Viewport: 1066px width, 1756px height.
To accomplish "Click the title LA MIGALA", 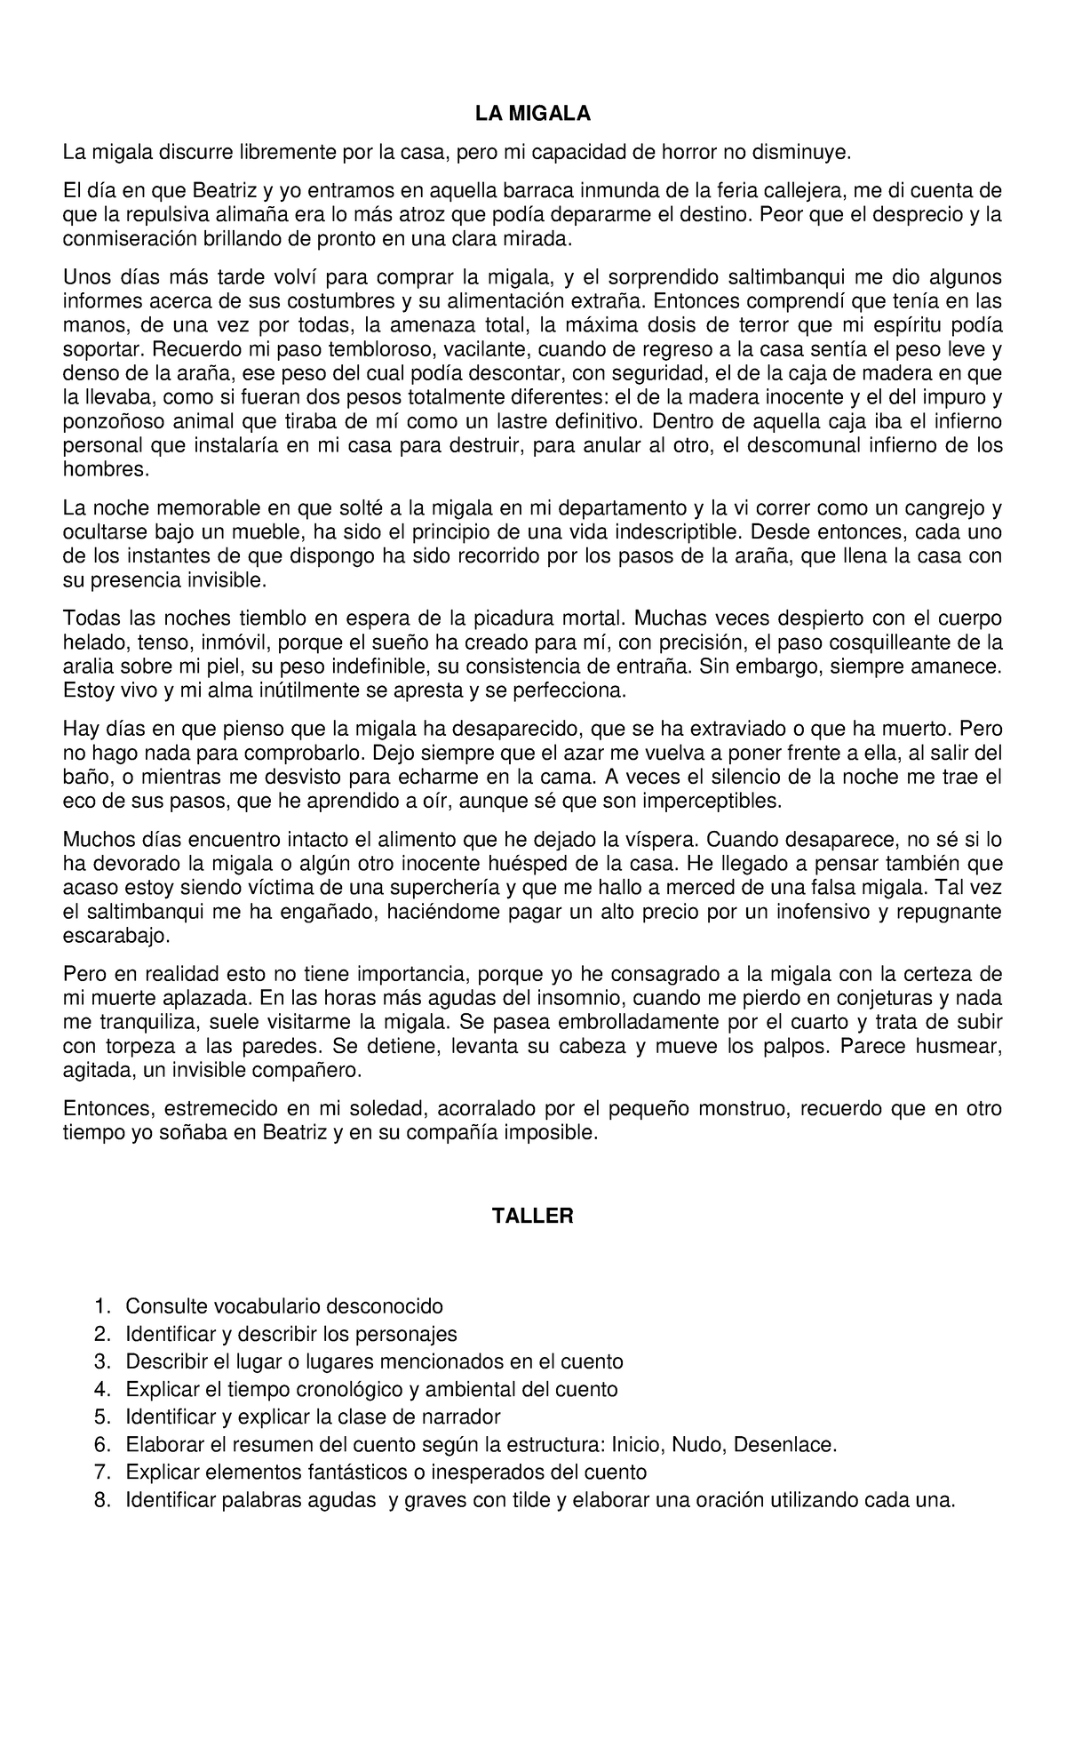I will (x=532, y=114).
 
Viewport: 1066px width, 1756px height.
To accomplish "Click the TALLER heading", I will (x=533, y=1217).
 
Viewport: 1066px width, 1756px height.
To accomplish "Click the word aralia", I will (x=86, y=666).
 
